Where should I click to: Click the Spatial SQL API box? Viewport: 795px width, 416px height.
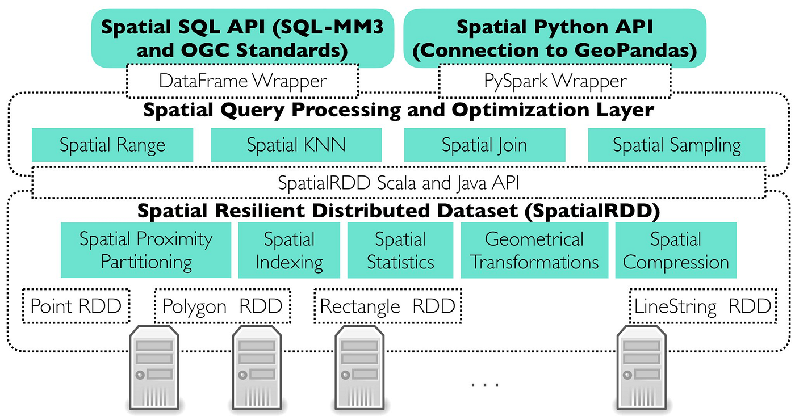click(x=242, y=39)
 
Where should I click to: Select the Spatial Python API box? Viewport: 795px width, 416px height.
click(x=554, y=39)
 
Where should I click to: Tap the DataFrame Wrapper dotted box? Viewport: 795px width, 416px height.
click(x=242, y=81)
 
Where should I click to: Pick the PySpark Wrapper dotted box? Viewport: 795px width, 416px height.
click(x=555, y=81)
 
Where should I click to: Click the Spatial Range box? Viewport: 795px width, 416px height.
click(x=112, y=145)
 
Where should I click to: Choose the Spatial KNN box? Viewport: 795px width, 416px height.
click(x=296, y=145)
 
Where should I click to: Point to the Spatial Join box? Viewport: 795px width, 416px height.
click(x=484, y=145)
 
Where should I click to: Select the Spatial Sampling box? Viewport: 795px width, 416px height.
click(x=676, y=145)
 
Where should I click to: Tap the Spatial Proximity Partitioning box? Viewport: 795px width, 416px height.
click(x=146, y=250)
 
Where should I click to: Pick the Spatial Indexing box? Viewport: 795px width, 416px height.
click(x=289, y=250)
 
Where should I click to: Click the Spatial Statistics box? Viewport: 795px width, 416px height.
click(x=400, y=250)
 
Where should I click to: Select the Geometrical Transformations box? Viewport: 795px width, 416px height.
click(x=534, y=250)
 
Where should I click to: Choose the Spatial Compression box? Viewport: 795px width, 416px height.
click(x=676, y=250)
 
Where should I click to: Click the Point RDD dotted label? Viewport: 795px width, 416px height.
click(x=76, y=306)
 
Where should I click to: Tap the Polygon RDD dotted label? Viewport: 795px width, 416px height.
click(x=223, y=306)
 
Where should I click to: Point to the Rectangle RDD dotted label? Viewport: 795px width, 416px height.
click(x=387, y=306)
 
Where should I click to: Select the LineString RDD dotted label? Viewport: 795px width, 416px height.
click(x=703, y=306)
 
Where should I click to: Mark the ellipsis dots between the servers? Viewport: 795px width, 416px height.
click(x=485, y=385)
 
